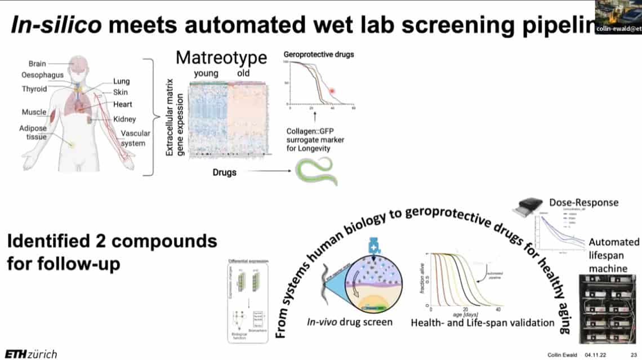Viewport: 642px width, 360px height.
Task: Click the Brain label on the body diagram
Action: pyautogui.click(x=37, y=64)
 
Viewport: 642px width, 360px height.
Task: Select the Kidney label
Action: pyautogui.click(x=124, y=119)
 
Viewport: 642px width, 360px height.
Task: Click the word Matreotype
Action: pyautogui.click(x=221, y=58)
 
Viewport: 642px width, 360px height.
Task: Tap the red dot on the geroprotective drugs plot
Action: pyautogui.click(x=332, y=90)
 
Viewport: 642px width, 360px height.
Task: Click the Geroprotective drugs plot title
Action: pyautogui.click(x=318, y=55)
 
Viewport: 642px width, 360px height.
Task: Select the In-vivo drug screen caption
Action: pyautogui.click(x=350, y=322)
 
